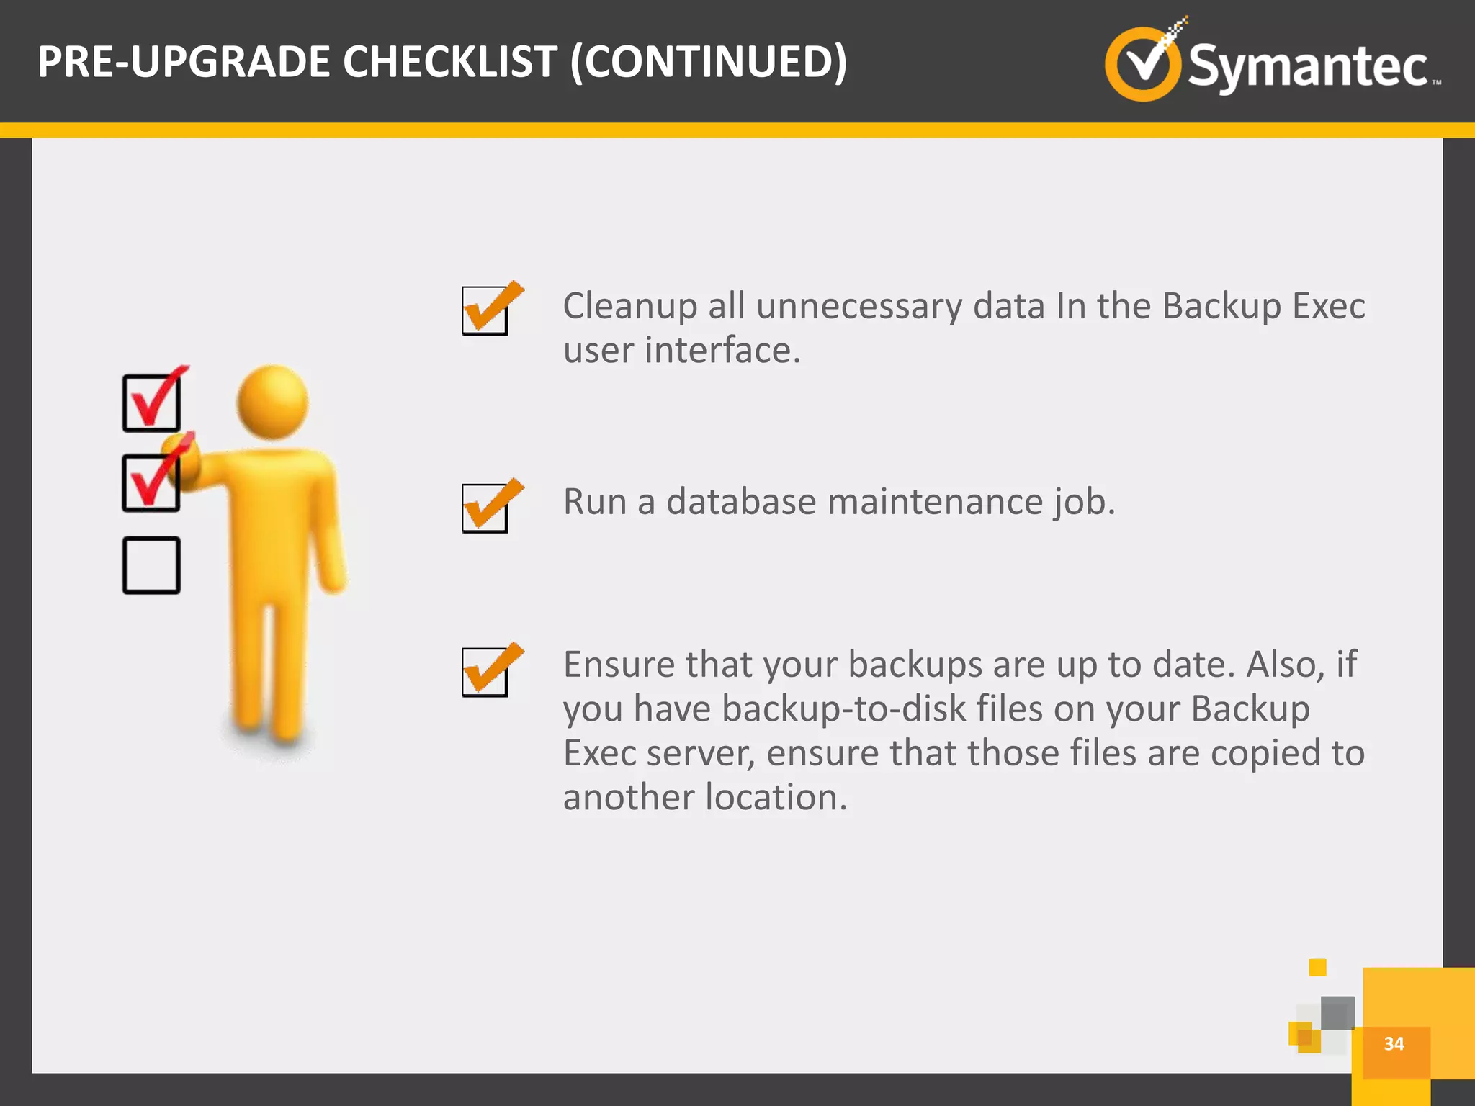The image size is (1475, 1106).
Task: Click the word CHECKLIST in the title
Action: [450, 62]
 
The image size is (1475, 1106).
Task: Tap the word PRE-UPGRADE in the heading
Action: [186, 62]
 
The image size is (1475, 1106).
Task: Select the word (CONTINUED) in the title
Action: [709, 62]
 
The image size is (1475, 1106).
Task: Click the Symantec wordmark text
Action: [1307, 67]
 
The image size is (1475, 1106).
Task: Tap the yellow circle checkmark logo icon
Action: [1142, 64]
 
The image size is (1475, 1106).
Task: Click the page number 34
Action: [1394, 1044]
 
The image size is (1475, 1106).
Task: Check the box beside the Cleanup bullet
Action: [485, 310]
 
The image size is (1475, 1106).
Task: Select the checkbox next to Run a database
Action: [485, 508]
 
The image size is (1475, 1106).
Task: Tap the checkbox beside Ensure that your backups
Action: [485, 672]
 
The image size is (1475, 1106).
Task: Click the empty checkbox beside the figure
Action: [151, 565]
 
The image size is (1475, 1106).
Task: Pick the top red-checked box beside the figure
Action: [151, 403]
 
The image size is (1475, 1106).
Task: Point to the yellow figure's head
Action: [273, 402]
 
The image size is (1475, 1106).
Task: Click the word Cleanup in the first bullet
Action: [629, 306]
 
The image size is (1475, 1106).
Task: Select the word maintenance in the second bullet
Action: [935, 502]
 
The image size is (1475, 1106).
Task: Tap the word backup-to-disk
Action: [843, 709]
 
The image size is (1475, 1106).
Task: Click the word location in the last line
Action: [776, 798]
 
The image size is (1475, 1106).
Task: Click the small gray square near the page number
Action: [1337, 1013]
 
